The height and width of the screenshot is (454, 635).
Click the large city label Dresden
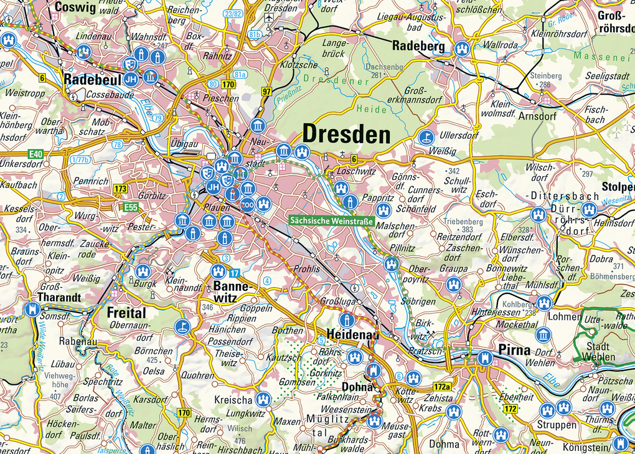(346, 135)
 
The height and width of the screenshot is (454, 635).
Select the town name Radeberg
(418, 46)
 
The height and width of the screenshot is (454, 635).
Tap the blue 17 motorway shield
(234, 273)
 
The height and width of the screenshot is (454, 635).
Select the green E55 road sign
(130, 207)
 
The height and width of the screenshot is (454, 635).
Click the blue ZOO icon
(248, 204)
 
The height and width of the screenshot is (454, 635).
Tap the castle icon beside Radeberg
(461, 49)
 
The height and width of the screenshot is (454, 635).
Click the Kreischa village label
(232, 399)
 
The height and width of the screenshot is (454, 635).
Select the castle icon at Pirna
(485, 358)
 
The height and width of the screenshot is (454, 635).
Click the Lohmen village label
(565, 316)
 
